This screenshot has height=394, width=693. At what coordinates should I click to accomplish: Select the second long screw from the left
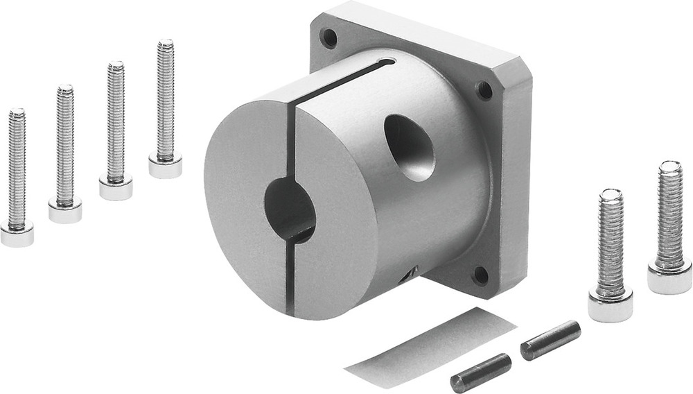(64, 153)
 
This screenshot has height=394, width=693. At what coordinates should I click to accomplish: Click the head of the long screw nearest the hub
(165, 164)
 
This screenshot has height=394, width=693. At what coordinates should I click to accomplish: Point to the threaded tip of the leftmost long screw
(17, 115)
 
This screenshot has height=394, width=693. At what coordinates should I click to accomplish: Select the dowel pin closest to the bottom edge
(480, 372)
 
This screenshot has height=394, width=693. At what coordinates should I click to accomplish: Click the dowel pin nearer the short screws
(550, 340)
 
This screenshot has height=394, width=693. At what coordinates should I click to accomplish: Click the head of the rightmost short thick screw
(669, 275)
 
